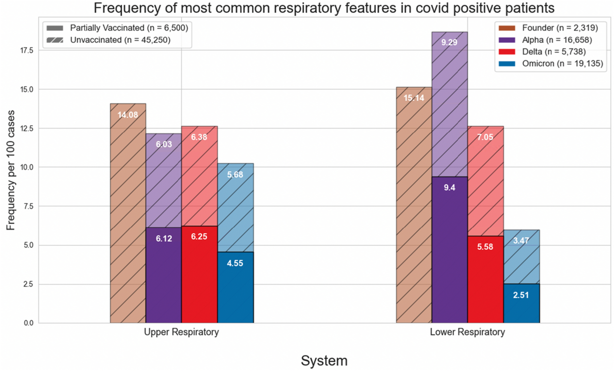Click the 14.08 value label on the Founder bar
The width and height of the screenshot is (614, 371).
pos(128,115)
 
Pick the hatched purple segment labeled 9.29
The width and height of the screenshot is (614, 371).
pos(449,104)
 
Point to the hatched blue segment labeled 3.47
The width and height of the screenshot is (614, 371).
pos(521,257)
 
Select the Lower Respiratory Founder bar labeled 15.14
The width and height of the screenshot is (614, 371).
pos(413,205)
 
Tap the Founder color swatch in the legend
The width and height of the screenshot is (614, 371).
pos(506,28)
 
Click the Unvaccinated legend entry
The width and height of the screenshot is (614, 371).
pos(120,40)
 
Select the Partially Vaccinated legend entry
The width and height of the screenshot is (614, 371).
pos(129,28)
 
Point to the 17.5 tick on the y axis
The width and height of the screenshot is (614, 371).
pos(27,51)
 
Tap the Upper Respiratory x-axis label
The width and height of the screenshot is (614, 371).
pos(181,332)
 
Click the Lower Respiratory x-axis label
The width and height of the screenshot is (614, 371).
pos(467,332)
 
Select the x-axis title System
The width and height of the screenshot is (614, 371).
pos(324,361)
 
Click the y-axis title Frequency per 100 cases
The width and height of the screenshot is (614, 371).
pos(11,170)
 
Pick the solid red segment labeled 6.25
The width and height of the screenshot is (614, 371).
pos(199,274)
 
